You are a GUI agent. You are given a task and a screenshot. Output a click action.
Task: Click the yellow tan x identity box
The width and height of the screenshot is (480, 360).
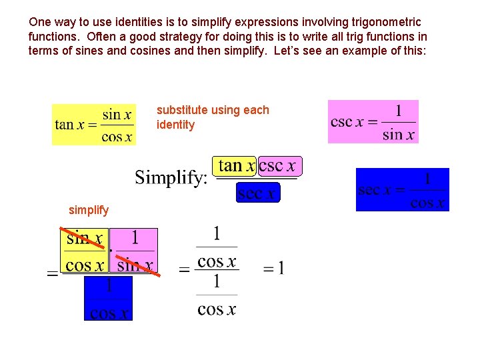point(93,125)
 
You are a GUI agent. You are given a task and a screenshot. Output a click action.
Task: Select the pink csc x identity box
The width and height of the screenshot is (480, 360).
point(373,121)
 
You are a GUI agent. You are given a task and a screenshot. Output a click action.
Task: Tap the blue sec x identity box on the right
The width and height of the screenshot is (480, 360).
point(402,189)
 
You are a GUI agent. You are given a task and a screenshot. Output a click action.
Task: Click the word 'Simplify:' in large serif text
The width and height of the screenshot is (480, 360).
point(171,177)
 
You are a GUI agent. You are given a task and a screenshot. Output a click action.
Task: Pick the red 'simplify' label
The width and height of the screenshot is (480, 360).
point(89,210)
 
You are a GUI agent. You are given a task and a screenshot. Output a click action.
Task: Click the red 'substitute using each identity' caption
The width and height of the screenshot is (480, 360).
point(213,117)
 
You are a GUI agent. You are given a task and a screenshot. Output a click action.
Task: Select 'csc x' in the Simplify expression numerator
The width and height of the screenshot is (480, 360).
point(277,165)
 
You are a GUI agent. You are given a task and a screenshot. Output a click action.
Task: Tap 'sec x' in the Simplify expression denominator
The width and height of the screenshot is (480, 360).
point(257,193)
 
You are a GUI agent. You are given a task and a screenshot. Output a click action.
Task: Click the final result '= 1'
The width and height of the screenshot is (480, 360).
point(273,269)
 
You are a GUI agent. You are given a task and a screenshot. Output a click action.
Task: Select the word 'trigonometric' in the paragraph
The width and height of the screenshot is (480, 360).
point(379,23)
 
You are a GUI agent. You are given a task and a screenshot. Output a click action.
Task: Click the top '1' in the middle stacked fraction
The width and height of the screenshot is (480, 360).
point(216,234)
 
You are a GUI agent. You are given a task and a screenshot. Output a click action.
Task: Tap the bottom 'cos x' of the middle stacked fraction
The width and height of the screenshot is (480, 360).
point(216,309)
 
